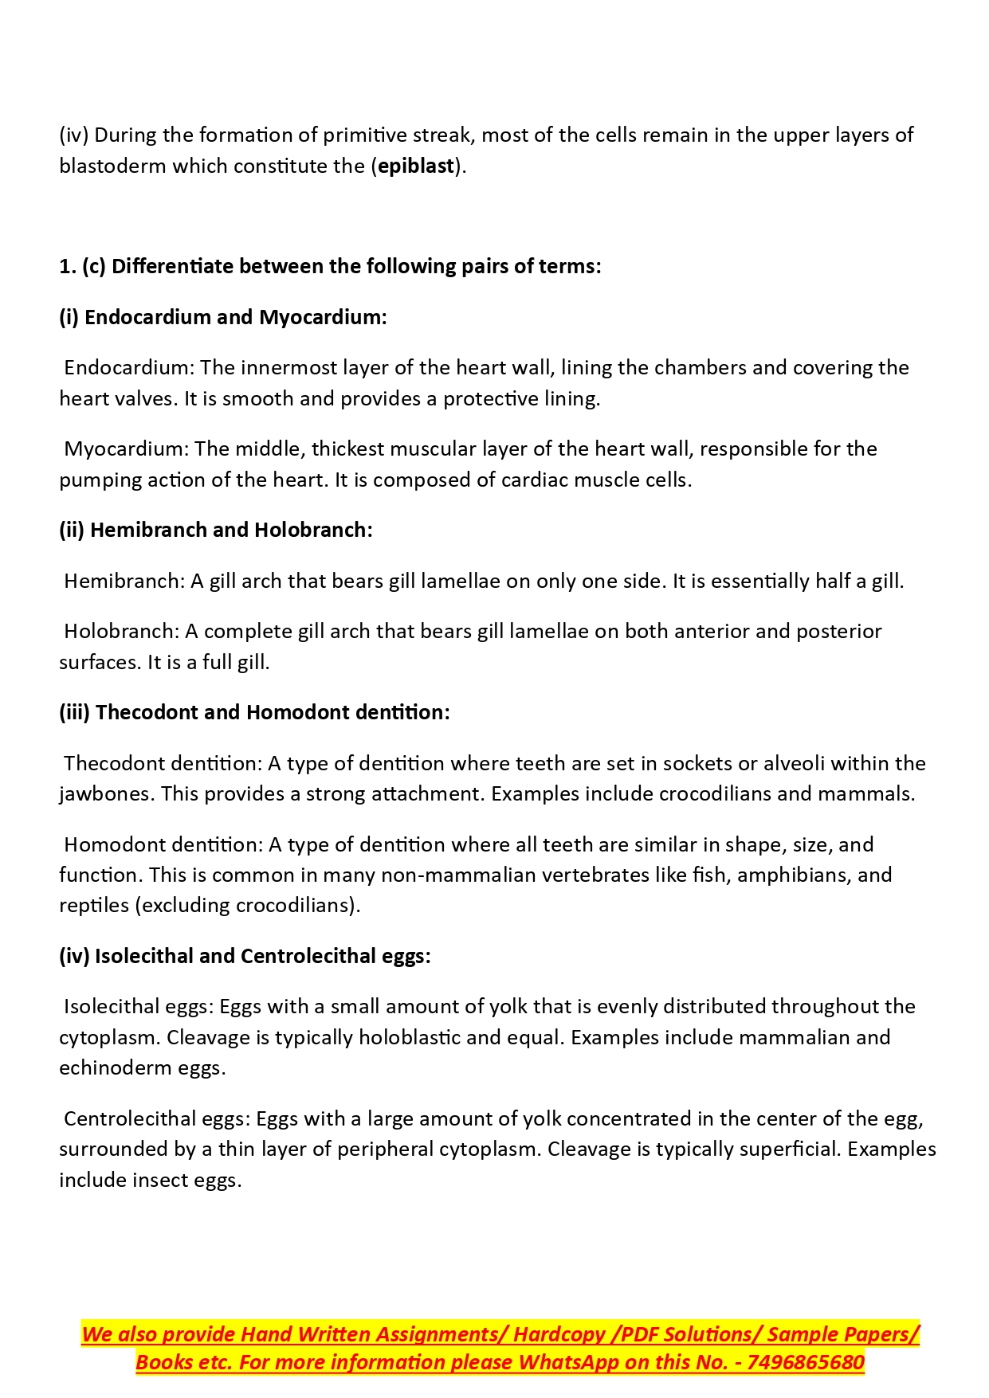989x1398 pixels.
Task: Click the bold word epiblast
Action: coord(416,166)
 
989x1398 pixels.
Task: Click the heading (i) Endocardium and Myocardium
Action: coord(223,317)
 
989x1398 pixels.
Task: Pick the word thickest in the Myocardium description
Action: coord(347,449)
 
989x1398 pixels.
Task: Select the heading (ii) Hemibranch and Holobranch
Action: coord(216,531)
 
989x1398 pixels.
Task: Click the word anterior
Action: coord(712,632)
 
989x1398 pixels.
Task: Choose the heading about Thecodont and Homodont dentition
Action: coord(255,713)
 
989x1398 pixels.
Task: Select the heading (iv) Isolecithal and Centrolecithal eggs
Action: coord(245,957)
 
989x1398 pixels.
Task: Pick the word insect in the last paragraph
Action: coord(160,1181)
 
